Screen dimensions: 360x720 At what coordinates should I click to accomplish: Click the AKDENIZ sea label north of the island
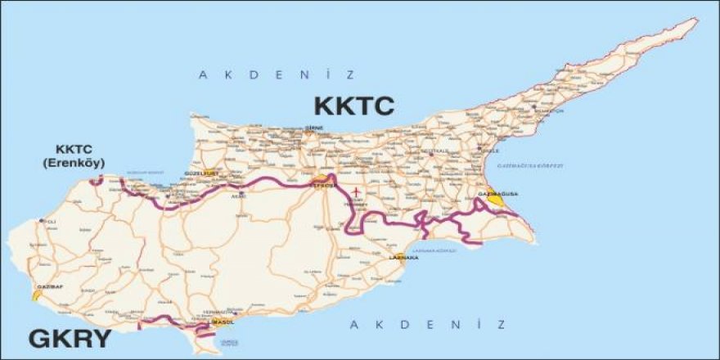tap(277, 75)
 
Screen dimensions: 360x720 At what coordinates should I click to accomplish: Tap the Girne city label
tap(314, 128)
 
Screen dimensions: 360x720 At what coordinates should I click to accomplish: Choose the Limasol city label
tap(222, 322)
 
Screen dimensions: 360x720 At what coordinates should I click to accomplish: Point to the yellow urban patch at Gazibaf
tap(38, 291)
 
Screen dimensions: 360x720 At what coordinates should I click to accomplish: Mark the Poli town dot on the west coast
tap(41, 221)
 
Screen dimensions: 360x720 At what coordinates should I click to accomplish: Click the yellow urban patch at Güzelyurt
tap(211, 173)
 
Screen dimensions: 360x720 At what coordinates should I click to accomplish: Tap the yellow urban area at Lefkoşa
tap(323, 179)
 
